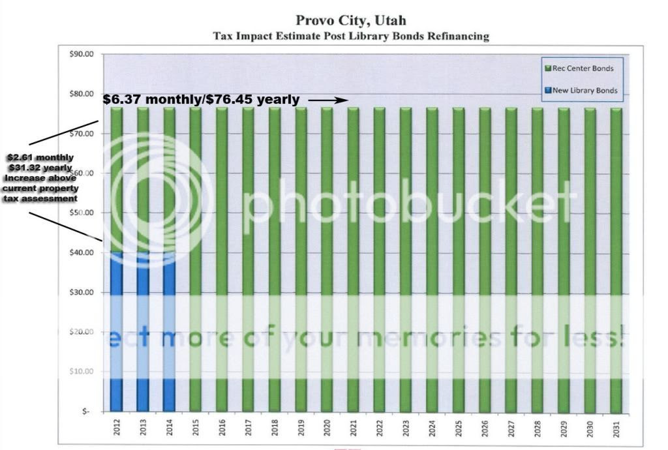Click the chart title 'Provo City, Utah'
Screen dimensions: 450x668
(350, 22)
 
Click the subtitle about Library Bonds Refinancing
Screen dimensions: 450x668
(351, 37)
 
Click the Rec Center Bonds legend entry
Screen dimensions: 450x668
(578, 68)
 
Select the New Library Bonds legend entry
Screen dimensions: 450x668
(580, 91)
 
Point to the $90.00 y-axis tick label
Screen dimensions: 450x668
(82, 54)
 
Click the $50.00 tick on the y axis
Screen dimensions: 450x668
(82, 213)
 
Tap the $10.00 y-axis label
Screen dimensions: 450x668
(82, 371)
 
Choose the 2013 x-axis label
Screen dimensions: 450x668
(143, 427)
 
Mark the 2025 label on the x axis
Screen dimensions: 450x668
(459, 427)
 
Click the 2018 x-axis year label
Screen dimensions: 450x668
(275, 427)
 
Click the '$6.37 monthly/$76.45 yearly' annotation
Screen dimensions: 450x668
(201, 100)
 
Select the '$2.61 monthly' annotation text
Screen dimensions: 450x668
(40, 158)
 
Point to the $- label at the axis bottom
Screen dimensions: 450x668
(87, 411)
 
